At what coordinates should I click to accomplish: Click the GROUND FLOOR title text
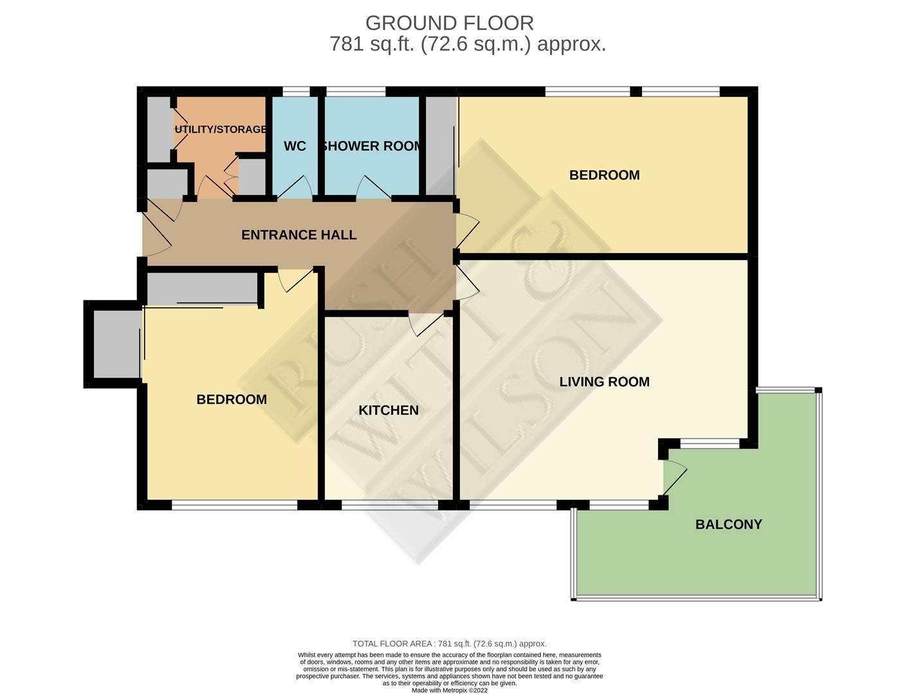click(x=449, y=23)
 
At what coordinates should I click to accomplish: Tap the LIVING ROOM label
click(x=604, y=382)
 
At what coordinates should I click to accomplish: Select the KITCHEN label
click(x=388, y=410)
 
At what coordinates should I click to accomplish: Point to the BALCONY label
click(x=728, y=524)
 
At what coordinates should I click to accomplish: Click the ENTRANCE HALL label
click(x=298, y=235)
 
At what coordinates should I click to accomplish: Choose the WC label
click(x=295, y=147)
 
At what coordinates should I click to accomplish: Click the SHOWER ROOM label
click(x=372, y=147)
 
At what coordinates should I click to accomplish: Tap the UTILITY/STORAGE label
click(x=220, y=129)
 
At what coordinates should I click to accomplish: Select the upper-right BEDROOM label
click(x=604, y=175)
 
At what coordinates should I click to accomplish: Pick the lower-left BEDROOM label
click(x=231, y=400)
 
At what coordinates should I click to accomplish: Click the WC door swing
click(x=296, y=188)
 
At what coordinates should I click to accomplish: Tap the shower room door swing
click(x=373, y=188)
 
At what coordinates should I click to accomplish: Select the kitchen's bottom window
click(x=390, y=505)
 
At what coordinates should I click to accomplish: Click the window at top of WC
click(x=296, y=92)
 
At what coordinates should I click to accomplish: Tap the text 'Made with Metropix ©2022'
click(x=449, y=690)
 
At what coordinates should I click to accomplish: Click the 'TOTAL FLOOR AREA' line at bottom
click(x=449, y=643)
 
